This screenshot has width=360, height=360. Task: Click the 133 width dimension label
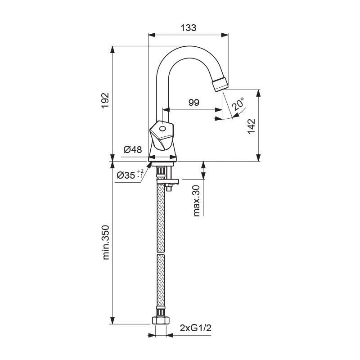[189, 28]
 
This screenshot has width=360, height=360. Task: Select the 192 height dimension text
[105, 100]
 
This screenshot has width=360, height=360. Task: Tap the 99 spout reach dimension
[194, 102]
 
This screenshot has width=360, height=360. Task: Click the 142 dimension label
[251, 126]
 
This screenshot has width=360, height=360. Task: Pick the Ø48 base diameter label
[133, 150]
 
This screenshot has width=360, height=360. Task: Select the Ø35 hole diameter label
[130, 175]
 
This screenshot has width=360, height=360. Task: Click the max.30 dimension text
[197, 201]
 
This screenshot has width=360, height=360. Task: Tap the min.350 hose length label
[106, 243]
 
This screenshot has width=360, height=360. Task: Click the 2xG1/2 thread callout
[195, 328]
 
